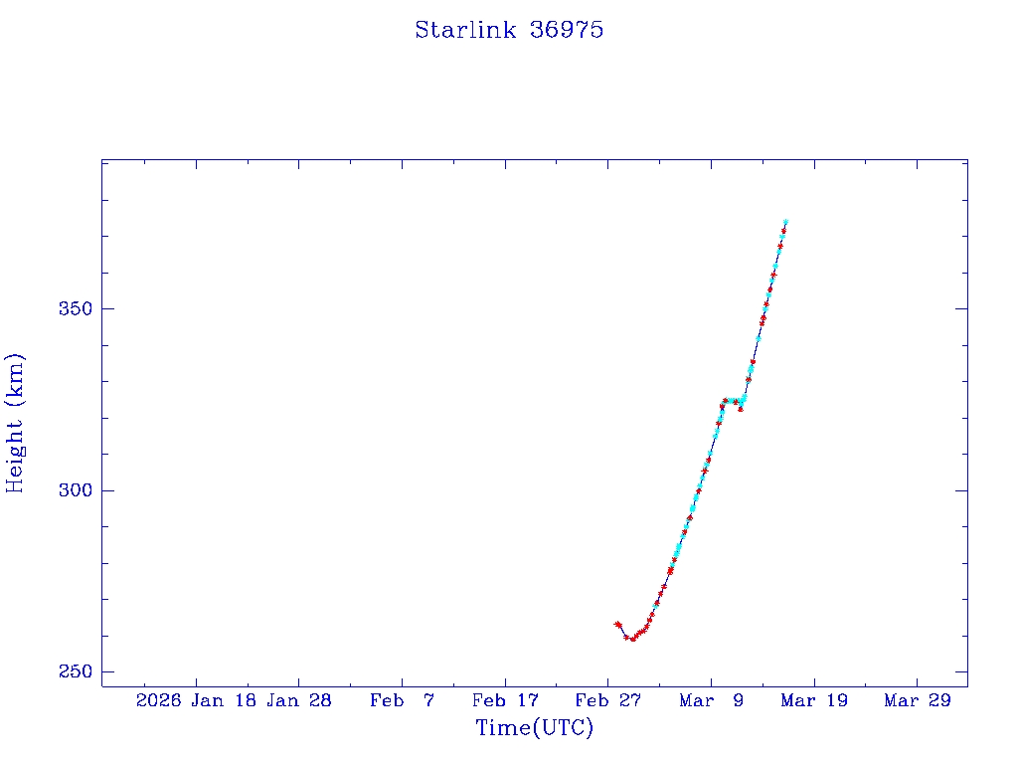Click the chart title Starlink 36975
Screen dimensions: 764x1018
[x=509, y=30]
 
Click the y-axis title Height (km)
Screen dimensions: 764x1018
[x=15, y=422]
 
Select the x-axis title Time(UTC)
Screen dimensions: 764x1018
[x=534, y=728]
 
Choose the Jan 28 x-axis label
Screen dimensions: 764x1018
[x=299, y=700]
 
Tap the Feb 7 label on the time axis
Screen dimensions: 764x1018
[x=402, y=700]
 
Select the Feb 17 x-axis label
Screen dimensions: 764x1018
[x=505, y=700]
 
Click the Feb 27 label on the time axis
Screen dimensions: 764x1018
[x=607, y=700]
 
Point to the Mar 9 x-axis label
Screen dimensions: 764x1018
[x=711, y=700]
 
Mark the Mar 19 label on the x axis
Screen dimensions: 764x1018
[x=813, y=700]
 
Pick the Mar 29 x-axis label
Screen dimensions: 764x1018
[x=917, y=700]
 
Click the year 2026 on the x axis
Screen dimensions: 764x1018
[x=158, y=700]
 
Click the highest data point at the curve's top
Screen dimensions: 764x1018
[x=785, y=222]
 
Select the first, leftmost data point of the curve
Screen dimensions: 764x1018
[x=617, y=624]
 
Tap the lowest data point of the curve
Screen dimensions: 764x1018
[x=632, y=639]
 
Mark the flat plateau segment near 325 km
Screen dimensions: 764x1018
[x=732, y=401]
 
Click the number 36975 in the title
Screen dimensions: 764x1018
[x=567, y=30]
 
